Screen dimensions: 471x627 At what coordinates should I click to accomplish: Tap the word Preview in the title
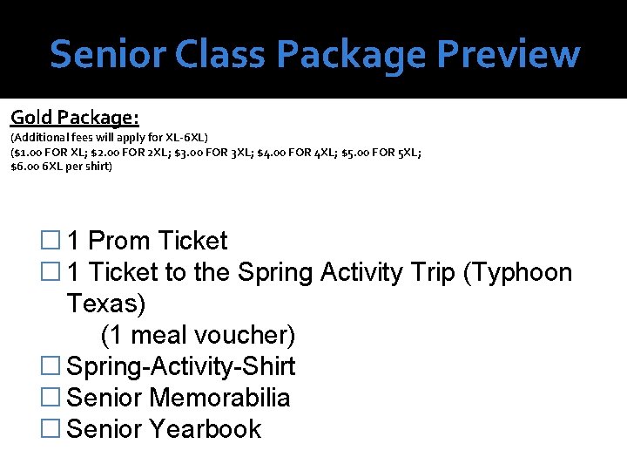coord(508,53)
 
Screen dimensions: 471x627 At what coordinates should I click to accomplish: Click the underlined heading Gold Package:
coord(75,117)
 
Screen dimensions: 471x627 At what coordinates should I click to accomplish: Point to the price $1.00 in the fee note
coord(30,152)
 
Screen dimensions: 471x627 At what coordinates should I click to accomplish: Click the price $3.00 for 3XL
coord(192,152)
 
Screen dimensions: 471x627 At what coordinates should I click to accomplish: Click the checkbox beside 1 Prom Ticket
coord(51,242)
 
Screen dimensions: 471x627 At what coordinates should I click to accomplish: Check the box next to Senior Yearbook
coord(51,430)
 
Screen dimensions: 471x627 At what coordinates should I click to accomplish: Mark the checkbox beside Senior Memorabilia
coord(51,399)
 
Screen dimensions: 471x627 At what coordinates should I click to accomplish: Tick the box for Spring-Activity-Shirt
coord(51,367)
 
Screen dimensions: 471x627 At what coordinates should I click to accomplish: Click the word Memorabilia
coord(219,399)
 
